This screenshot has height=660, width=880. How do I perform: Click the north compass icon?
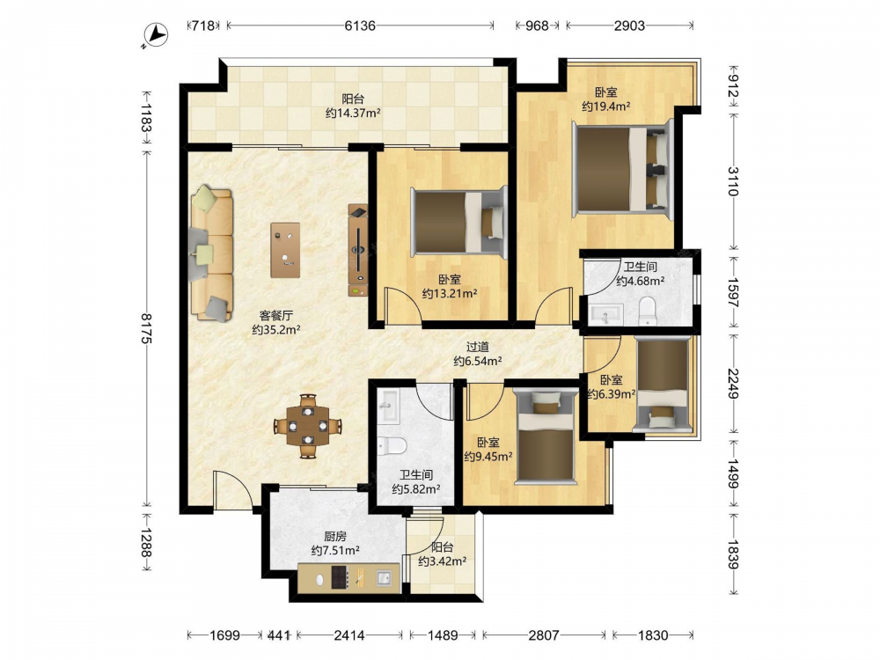click(x=156, y=36)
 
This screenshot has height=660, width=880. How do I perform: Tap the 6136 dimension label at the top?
click(x=360, y=26)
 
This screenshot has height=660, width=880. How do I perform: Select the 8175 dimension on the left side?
click(x=146, y=328)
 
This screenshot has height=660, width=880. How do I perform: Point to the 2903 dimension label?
click(x=629, y=26)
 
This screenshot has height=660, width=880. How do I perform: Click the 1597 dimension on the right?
click(x=733, y=292)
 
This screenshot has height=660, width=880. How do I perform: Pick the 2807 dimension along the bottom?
click(x=543, y=634)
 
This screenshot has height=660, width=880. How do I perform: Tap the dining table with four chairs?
click(x=307, y=426)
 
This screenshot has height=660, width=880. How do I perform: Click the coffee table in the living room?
click(x=285, y=250)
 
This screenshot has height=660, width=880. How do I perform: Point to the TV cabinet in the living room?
click(x=358, y=250)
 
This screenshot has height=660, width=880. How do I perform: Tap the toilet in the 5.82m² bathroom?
click(x=392, y=445)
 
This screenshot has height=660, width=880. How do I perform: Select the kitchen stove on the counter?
click(x=339, y=577)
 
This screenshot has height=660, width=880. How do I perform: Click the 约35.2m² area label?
click(x=276, y=329)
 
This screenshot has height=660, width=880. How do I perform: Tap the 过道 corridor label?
click(x=477, y=348)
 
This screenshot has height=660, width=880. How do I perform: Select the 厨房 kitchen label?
click(x=335, y=537)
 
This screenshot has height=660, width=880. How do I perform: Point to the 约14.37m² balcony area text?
click(x=353, y=113)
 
